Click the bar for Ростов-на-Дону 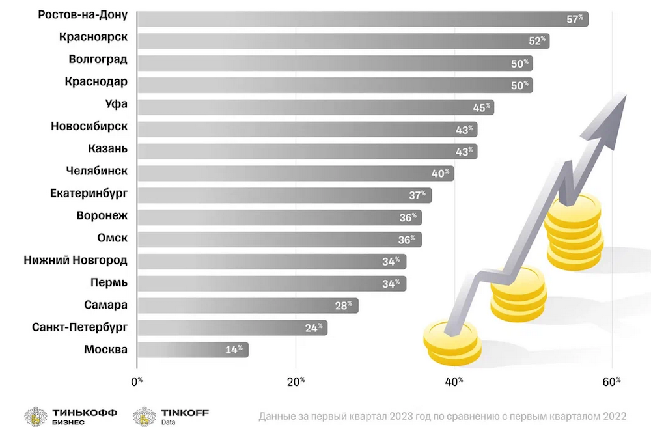(362, 19)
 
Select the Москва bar (193, 350)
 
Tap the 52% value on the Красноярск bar (538, 41)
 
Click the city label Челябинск (97, 171)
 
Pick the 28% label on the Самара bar (346, 305)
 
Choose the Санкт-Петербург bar (232, 327)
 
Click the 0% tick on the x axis (137, 381)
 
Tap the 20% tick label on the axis (296, 381)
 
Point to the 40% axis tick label (454, 381)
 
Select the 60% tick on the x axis (613, 381)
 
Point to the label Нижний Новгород (75, 260)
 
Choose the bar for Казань (307, 151)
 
